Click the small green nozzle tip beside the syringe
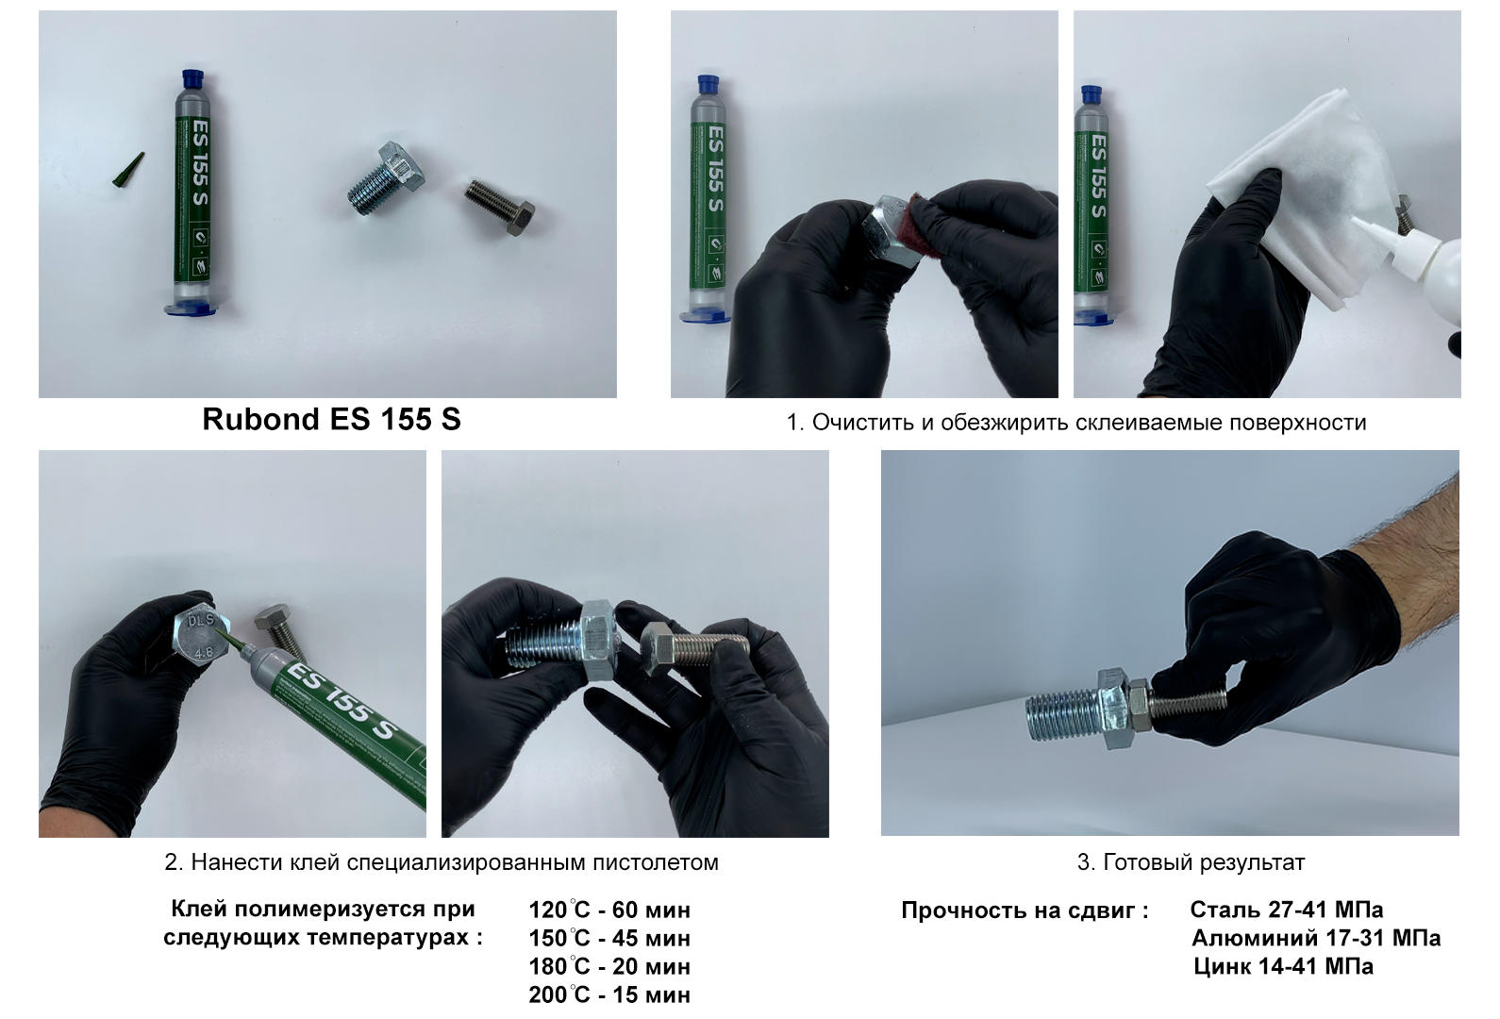(129, 170)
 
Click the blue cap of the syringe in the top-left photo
(194, 77)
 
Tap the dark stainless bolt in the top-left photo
(500, 206)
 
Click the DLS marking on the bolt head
(200, 621)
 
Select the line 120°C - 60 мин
(609, 910)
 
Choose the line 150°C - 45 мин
(609, 938)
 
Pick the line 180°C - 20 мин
(609, 966)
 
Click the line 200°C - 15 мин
(609, 994)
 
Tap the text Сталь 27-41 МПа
(1287, 910)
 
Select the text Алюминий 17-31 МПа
(1316, 938)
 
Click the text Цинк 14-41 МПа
(1283, 966)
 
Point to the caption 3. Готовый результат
(1191, 862)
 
